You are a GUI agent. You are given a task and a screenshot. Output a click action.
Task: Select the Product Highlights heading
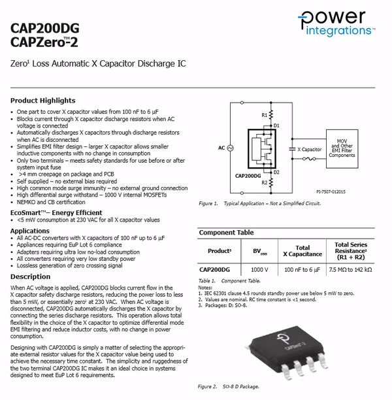(43, 101)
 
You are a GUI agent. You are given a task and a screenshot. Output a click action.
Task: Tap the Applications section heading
(30, 231)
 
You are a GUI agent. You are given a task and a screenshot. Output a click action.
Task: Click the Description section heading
(30, 277)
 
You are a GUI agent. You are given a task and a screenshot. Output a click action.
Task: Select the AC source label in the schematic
(222, 148)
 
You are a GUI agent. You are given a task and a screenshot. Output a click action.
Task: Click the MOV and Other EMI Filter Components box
(342, 147)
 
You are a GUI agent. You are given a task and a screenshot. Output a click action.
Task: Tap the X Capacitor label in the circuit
(309, 149)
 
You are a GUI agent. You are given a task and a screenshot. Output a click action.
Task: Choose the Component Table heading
(226, 233)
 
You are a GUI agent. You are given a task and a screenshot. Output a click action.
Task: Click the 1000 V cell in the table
(259, 269)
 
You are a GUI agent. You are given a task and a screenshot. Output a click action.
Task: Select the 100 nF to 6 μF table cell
(302, 269)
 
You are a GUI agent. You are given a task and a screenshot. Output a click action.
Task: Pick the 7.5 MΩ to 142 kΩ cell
(350, 269)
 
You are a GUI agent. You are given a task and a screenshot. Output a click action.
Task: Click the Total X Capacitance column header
(302, 250)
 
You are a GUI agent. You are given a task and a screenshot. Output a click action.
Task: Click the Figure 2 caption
(229, 387)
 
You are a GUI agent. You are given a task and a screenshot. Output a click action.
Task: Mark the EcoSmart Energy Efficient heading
(56, 212)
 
